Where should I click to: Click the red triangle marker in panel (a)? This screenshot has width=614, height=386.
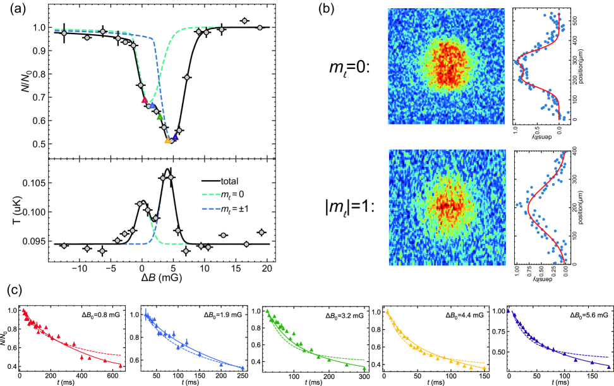(144, 100)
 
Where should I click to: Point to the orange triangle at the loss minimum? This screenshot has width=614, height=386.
(167, 140)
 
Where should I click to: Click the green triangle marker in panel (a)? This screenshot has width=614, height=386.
(160, 116)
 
